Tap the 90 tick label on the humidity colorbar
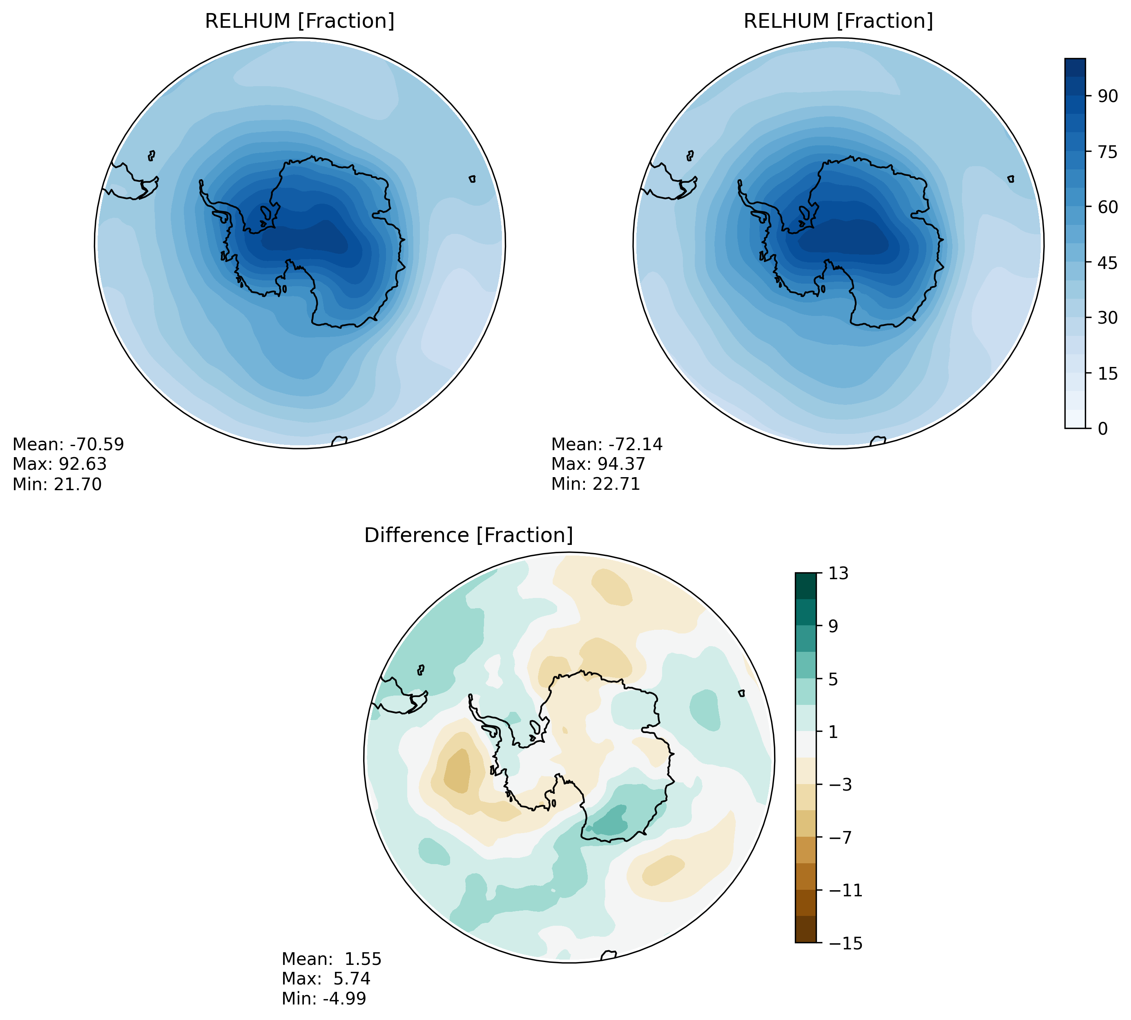(1107, 96)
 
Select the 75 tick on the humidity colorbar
(1107, 151)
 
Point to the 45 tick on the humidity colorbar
(1107, 262)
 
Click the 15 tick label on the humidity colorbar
(1107, 373)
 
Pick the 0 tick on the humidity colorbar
(1103, 429)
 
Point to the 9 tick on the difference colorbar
(833, 626)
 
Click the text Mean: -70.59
(68, 444)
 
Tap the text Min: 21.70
(57, 484)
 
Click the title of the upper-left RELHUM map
(299, 21)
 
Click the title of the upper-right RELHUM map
(838, 21)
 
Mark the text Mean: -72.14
(607, 444)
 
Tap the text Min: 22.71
(596, 484)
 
